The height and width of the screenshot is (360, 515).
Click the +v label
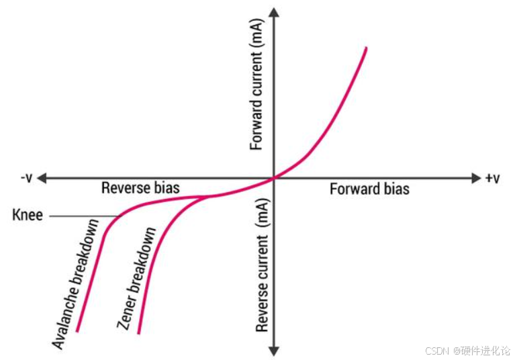pyautogui.click(x=492, y=178)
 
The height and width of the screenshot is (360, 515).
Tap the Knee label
pyautogui.click(x=27, y=216)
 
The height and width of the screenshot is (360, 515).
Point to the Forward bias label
pyautogui.click(x=369, y=189)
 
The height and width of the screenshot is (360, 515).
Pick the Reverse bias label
pyautogui.click(x=140, y=188)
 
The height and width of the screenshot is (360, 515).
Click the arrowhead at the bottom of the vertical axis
pyautogui.click(x=274, y=351)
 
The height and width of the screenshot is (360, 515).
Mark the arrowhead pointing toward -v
pyautogui.click(x=42, y=179)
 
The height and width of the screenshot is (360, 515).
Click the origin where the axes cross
pyautogui.click(x=274, y=179)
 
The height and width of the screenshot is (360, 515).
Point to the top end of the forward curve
pyautogui.click(x=366, y=48)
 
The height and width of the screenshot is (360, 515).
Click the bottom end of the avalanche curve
pyautogui.click(x=78, y=330)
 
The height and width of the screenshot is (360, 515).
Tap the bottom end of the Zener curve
pyautogui.click(x=139, y=332)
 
